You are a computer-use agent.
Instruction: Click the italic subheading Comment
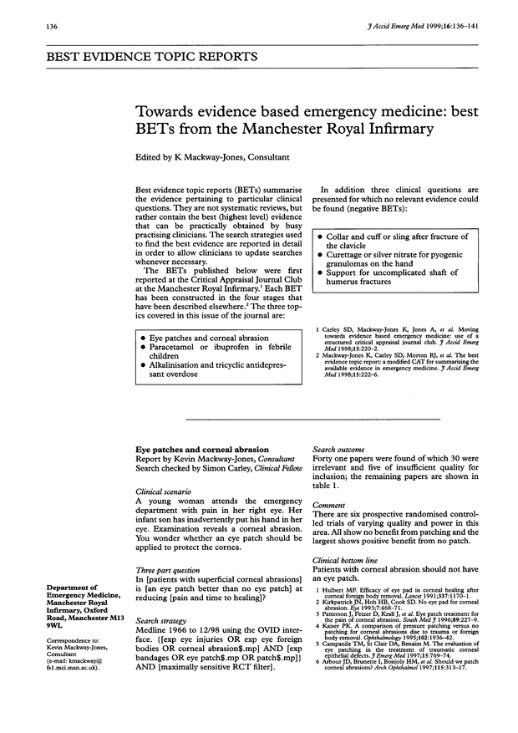329,506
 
